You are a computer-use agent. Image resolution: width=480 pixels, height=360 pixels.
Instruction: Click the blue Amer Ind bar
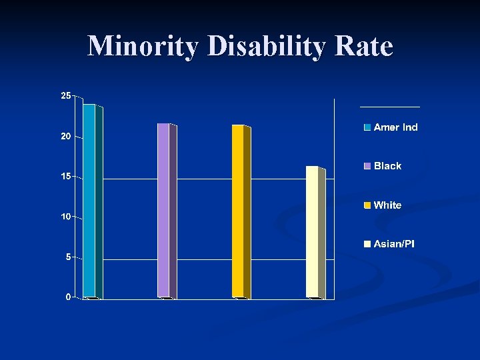(x=89, y=200)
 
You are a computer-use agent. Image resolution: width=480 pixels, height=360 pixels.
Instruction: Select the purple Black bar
(x=163, y=210)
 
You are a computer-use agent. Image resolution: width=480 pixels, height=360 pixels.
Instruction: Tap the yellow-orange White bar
(x=238, y=211)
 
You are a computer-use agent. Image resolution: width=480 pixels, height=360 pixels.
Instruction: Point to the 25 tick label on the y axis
(x=65, y=96)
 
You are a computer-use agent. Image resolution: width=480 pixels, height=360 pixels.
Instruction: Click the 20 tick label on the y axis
(x=65, y=136)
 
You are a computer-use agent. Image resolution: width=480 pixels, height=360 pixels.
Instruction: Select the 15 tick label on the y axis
(x=65, y=177)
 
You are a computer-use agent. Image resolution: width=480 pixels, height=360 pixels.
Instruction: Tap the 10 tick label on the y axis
(x=65, y=217)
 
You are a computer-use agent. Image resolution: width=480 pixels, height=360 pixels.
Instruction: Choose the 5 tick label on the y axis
(x=68, y=257)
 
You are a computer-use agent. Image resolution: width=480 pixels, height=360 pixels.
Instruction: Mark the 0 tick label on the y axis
(x=68, y=297)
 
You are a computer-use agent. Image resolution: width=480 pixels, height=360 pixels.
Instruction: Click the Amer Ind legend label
(x=396, y=127)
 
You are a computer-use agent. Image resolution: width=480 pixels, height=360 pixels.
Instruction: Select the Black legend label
(x=388, y=166)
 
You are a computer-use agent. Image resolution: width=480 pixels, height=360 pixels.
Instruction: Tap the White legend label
(x=388, y=205)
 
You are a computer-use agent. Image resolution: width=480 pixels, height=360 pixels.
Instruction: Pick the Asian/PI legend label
(x=394, y=244)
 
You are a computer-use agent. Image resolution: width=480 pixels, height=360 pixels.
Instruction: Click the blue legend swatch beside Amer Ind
(x=367, y=127)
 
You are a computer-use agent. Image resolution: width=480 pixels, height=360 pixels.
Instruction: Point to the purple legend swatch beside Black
(x=367, y=166)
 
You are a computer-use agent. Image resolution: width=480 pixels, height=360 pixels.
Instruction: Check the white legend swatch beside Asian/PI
(x=367, y=244)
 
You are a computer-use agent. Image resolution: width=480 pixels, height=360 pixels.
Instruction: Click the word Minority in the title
(x=143, y=47)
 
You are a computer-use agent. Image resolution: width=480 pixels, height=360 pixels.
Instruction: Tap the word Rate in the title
(x=367, y=47)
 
